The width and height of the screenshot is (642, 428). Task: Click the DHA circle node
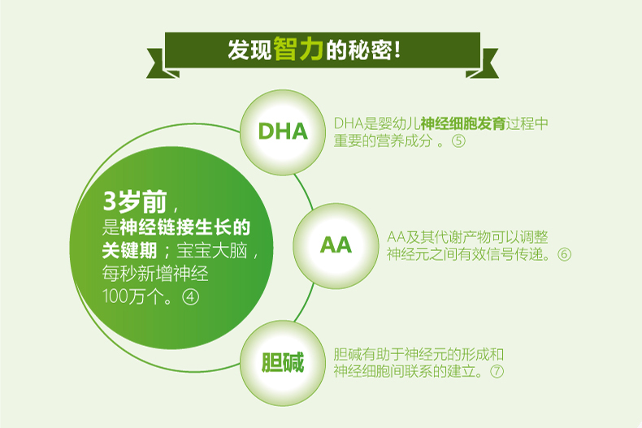point(282,131)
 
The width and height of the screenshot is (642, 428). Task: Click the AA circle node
point(335,244)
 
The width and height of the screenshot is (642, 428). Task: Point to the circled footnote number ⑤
point(459,141)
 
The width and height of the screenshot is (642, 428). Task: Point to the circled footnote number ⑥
point(564,254)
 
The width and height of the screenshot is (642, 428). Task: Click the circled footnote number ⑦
point(497,371)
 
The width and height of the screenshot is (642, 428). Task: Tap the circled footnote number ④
point(191,296)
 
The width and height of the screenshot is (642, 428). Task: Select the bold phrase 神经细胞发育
point(462,123)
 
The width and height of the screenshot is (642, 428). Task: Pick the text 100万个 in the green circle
point(129,296)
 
